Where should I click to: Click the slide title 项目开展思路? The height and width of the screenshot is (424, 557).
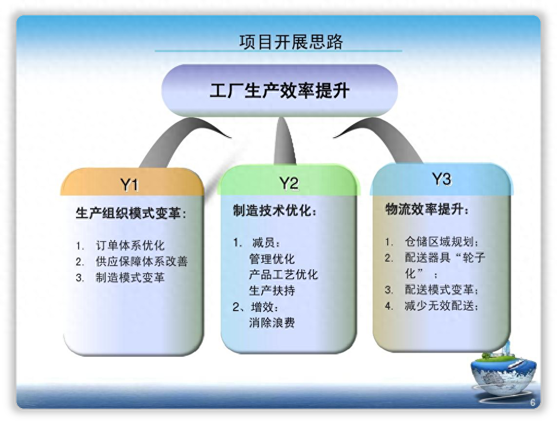click(291, 42)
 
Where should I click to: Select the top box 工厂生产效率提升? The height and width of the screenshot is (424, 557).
click(279, 91)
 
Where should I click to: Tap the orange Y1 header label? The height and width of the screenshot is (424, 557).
click(129, 185)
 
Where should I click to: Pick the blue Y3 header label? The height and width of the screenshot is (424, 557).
click(441, 179)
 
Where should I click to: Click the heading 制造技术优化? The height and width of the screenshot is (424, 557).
click(275, 211)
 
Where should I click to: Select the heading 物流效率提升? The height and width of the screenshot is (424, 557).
click(427, 209)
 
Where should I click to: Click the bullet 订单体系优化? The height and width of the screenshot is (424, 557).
click(130, 246)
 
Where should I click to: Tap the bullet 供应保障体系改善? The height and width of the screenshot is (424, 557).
click(141, 262)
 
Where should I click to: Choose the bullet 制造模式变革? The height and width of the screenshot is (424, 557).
click(130, 278)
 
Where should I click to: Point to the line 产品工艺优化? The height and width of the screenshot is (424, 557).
click(283, 275)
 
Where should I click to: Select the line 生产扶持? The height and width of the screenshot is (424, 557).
click(271, 291)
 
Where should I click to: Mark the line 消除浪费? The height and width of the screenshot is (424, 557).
click(271, 323)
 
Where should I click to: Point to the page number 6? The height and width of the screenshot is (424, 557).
click(532, 403)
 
